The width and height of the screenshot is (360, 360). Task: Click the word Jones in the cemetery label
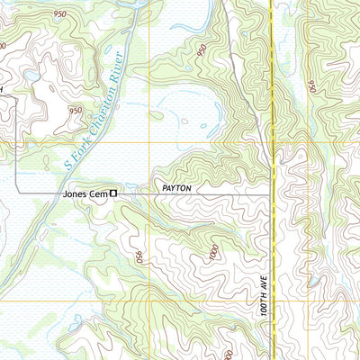[75, 193]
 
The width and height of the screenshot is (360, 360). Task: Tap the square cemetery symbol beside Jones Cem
[113, 192]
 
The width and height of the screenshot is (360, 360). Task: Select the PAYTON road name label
[177, 188]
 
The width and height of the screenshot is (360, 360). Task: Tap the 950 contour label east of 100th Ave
[310, 87]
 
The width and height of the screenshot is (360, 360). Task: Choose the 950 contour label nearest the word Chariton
[76, 110]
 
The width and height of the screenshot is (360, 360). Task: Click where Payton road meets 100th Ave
[273, 193]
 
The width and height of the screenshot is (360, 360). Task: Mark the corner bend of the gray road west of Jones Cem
[16, 192]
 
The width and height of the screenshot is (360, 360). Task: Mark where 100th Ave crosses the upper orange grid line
[272, 142]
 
